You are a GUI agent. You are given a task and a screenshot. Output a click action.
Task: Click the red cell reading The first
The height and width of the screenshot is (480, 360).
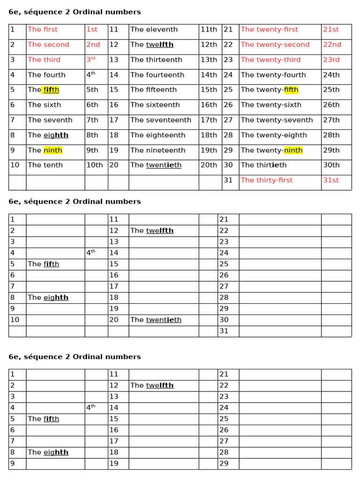(43, 30)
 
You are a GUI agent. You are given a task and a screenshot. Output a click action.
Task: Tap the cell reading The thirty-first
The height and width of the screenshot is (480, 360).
(266, 180)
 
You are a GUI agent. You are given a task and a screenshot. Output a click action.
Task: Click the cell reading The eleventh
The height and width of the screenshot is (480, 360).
(154, 30)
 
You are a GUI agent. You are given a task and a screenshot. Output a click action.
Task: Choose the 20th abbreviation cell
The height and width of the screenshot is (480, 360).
(209, 165)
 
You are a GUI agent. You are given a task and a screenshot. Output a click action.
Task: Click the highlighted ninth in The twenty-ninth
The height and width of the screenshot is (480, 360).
(293, 150)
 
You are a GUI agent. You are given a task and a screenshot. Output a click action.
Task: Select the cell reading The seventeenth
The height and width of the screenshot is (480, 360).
(161, 120)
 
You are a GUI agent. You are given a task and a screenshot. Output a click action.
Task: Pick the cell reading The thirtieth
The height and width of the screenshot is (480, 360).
(263, 165)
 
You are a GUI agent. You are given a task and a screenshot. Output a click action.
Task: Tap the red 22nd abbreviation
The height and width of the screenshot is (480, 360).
(332, 45)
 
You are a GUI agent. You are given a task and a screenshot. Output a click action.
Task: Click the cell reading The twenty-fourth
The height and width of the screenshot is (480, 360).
(273, 75)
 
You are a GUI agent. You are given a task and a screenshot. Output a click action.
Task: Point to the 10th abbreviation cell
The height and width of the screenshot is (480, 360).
(94, 165)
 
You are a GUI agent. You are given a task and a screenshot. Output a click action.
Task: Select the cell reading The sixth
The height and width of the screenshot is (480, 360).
(44, 105)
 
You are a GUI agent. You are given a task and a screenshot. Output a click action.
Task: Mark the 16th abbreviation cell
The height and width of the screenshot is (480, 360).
(209, 105)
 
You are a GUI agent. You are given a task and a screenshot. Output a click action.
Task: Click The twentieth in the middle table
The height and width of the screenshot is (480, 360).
(156, 320)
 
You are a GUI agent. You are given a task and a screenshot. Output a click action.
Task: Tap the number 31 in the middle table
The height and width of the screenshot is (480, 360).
(224, 331)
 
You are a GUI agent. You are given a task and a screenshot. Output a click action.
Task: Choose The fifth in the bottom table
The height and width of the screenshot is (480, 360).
(43, 419)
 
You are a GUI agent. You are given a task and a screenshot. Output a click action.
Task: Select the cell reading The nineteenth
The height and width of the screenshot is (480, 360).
(157, 150)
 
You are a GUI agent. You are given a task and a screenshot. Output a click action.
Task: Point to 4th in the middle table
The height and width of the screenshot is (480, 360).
(90, 253)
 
